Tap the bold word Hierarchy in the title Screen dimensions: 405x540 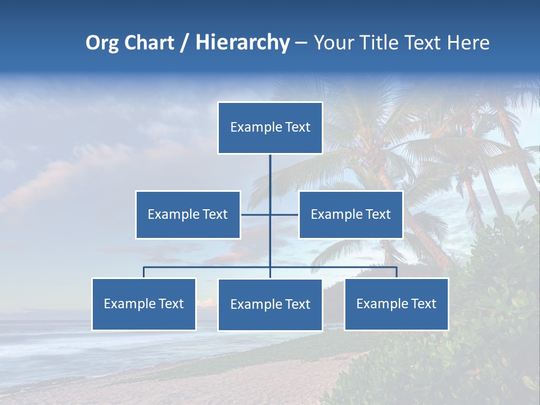click(x=242, y=43)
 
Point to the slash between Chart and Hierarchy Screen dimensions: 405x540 click(x=184, y=43)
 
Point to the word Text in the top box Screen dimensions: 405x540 click(x=298, y=127)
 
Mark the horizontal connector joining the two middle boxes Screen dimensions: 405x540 click(x=256, y=214)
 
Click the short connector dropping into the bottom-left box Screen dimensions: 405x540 click(x=144, y=272)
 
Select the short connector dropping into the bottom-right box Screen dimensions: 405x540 click(x=397, y=272)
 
